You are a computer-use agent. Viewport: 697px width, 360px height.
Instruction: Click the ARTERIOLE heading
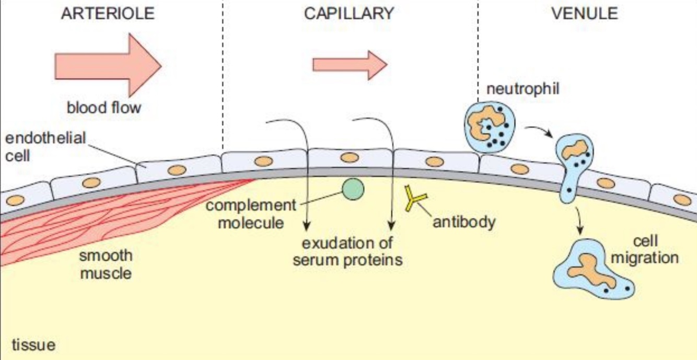click(108, 14)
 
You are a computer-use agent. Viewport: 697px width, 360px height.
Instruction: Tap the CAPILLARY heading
click(349, 14)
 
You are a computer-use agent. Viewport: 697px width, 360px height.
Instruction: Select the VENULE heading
click(585, 14)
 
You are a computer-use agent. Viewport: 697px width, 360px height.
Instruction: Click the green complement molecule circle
click(353, 189)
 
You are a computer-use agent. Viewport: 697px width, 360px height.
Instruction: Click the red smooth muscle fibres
click(104, 214)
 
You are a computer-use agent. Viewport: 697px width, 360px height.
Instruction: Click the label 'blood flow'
click(103, 108)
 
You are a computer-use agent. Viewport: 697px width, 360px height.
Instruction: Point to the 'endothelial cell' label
click(44, 147)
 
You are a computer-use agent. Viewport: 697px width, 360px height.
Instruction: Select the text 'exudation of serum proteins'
click(347, 251)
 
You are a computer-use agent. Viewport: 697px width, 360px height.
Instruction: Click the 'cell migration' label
click(645, 249)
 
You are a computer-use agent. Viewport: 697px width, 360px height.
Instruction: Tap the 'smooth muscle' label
click(106, 264)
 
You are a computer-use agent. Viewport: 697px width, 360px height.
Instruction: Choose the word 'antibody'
click(463, 222)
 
